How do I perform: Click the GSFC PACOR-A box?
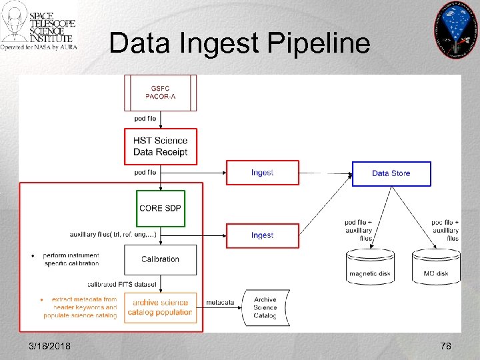[160, 93]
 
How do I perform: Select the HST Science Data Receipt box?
[160, 146]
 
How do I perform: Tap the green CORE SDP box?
[160, 208]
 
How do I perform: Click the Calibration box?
[160, 259]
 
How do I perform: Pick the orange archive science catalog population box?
[160, 307]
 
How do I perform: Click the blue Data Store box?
[391, 173]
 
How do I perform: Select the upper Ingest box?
[262, 173]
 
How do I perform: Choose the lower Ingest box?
[262, 235]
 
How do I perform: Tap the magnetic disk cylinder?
[370, 265]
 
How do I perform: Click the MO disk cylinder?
[436, 265]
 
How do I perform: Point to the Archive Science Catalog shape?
[265, 307]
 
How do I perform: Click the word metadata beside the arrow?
[220, 303]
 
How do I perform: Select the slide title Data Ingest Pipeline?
[239, 43]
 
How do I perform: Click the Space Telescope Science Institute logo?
[39, 27]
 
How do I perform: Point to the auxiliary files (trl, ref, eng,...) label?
[113, 235]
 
